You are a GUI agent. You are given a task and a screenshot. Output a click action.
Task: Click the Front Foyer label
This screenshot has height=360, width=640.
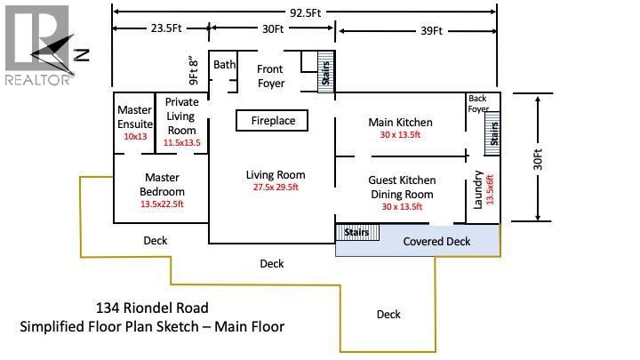pos(270,76)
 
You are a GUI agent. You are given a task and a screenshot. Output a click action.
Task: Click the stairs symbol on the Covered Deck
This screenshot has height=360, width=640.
pos(357,232)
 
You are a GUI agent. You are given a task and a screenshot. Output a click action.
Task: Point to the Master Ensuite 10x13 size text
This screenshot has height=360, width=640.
pos(135,136)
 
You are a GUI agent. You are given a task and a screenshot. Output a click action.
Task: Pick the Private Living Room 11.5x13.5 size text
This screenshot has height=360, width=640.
pos(181,142)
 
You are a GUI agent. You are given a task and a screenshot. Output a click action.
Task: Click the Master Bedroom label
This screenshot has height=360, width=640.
pos(163,185)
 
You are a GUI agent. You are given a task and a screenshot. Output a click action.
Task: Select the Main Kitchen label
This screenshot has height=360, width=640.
pos(400,123)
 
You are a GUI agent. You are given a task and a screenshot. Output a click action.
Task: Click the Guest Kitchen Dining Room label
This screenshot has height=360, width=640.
pos(401,187)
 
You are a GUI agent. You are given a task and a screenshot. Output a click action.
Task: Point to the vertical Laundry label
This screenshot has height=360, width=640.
pos(478,188)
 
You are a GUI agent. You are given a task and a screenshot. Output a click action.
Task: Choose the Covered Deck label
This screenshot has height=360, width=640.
pos(436,242)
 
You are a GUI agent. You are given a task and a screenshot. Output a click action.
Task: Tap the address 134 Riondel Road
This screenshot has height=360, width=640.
pos(152,308)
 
